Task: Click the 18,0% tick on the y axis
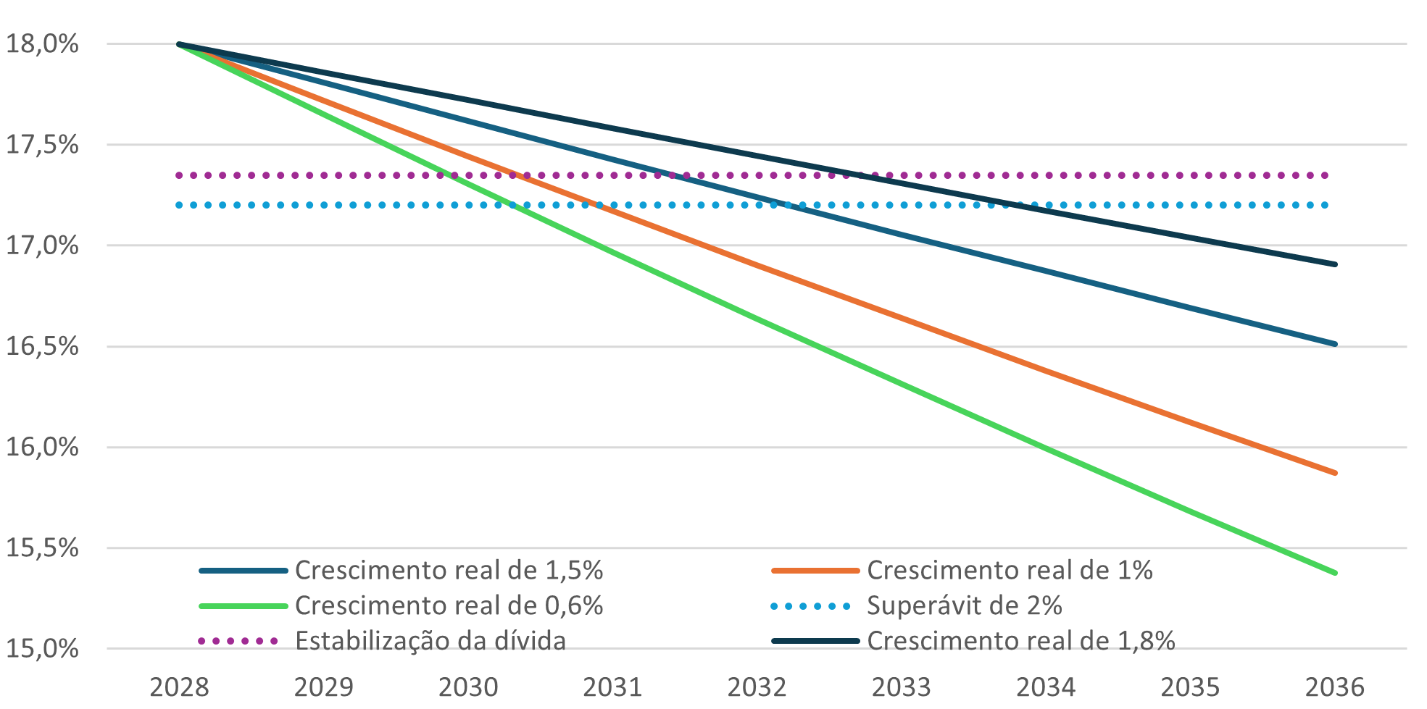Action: coord(42,44)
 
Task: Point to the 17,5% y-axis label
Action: coord(42,145)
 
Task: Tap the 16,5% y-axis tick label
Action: coord(42,346)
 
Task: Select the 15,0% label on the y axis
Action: coord(42,648)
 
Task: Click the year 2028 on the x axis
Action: coord(179,687)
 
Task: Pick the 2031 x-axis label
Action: coord(612,687)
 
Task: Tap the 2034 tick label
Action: coord(1046,687)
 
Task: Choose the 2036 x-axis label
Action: coord(1334,687)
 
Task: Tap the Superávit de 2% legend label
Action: coord(965,605)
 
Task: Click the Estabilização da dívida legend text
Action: coord(430,641)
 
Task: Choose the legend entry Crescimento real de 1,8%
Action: coord(1021,641)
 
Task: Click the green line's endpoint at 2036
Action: coord(1335,573)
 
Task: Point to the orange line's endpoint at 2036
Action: coord(1335,473)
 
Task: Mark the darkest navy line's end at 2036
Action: coord(1335,264)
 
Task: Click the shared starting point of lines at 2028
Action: coord(179,44)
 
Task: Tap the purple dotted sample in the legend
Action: coord(238,641)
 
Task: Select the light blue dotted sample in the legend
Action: coord(811,606)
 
